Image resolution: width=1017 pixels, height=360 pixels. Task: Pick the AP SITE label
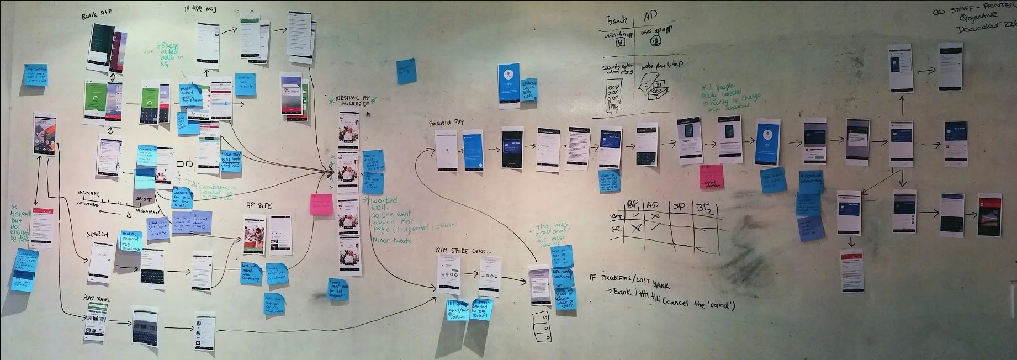259,206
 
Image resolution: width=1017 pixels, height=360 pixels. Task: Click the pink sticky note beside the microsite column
321,204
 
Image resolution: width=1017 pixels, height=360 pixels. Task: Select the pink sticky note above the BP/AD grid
712,176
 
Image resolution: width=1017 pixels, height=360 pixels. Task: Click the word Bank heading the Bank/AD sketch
617,21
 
